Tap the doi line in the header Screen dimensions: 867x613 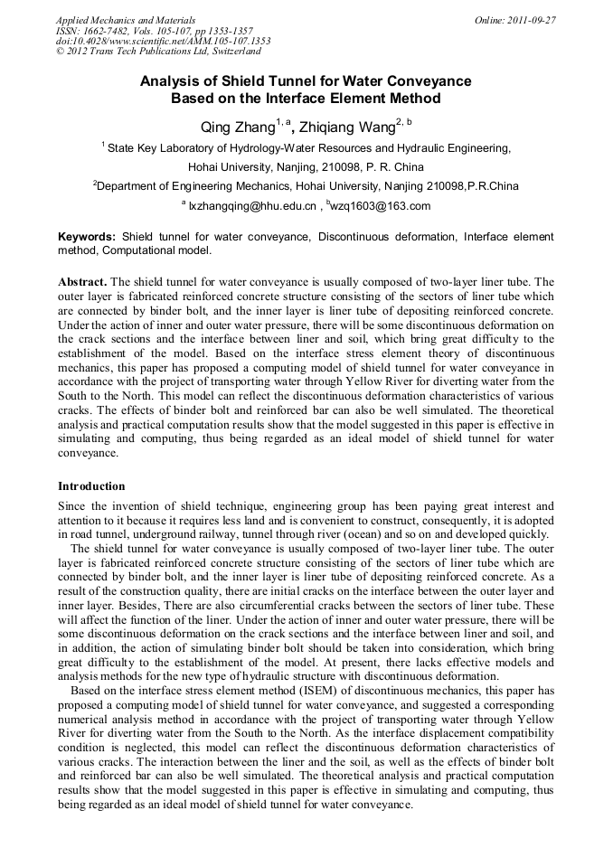tap(163, 42)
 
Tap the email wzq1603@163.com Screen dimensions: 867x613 tap(380, 206)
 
